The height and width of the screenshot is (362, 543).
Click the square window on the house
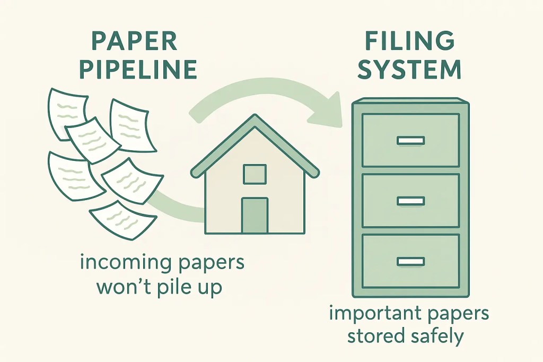(x=255, y=174)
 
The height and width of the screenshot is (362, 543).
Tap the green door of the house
(x=255, y=216)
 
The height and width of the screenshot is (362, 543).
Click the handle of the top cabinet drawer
(x=410, y=141)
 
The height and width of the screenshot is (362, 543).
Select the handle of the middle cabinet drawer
(x=410, y=201)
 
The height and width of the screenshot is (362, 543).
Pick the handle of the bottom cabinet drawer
(x=410, y=261)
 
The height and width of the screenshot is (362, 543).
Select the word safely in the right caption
(x=437, y=336)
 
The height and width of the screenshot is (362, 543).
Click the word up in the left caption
(x=211, y=289)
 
